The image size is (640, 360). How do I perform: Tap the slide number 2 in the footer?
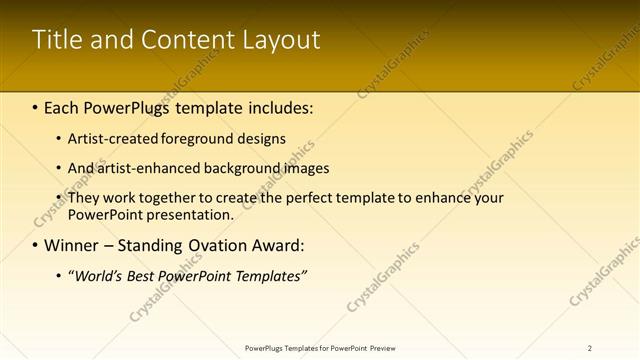click(589, 348)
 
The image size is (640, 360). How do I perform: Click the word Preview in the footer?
click(389, 348)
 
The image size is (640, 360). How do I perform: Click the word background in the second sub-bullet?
click(251, 168)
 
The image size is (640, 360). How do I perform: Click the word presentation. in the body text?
click(190, 214)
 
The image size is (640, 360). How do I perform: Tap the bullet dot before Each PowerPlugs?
click(36, 106)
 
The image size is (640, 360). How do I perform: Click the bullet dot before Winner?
click(36, 246)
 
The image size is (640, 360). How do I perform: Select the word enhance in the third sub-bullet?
click(444, 198)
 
